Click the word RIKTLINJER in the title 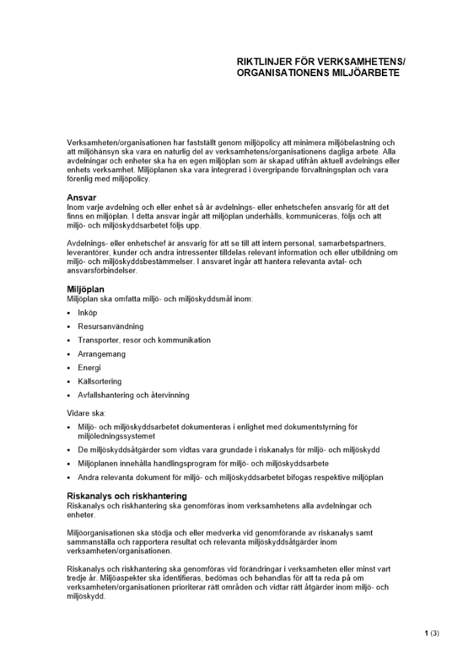260,62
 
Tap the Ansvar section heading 82,197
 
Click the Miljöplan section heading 85,289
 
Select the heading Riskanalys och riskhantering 126,496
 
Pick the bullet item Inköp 87,312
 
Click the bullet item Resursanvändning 110,326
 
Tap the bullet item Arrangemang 101,354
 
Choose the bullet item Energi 89,367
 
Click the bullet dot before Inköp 69,313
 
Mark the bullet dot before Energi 69,368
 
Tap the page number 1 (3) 431,633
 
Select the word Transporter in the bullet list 98,340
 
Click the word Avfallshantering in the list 106,395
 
